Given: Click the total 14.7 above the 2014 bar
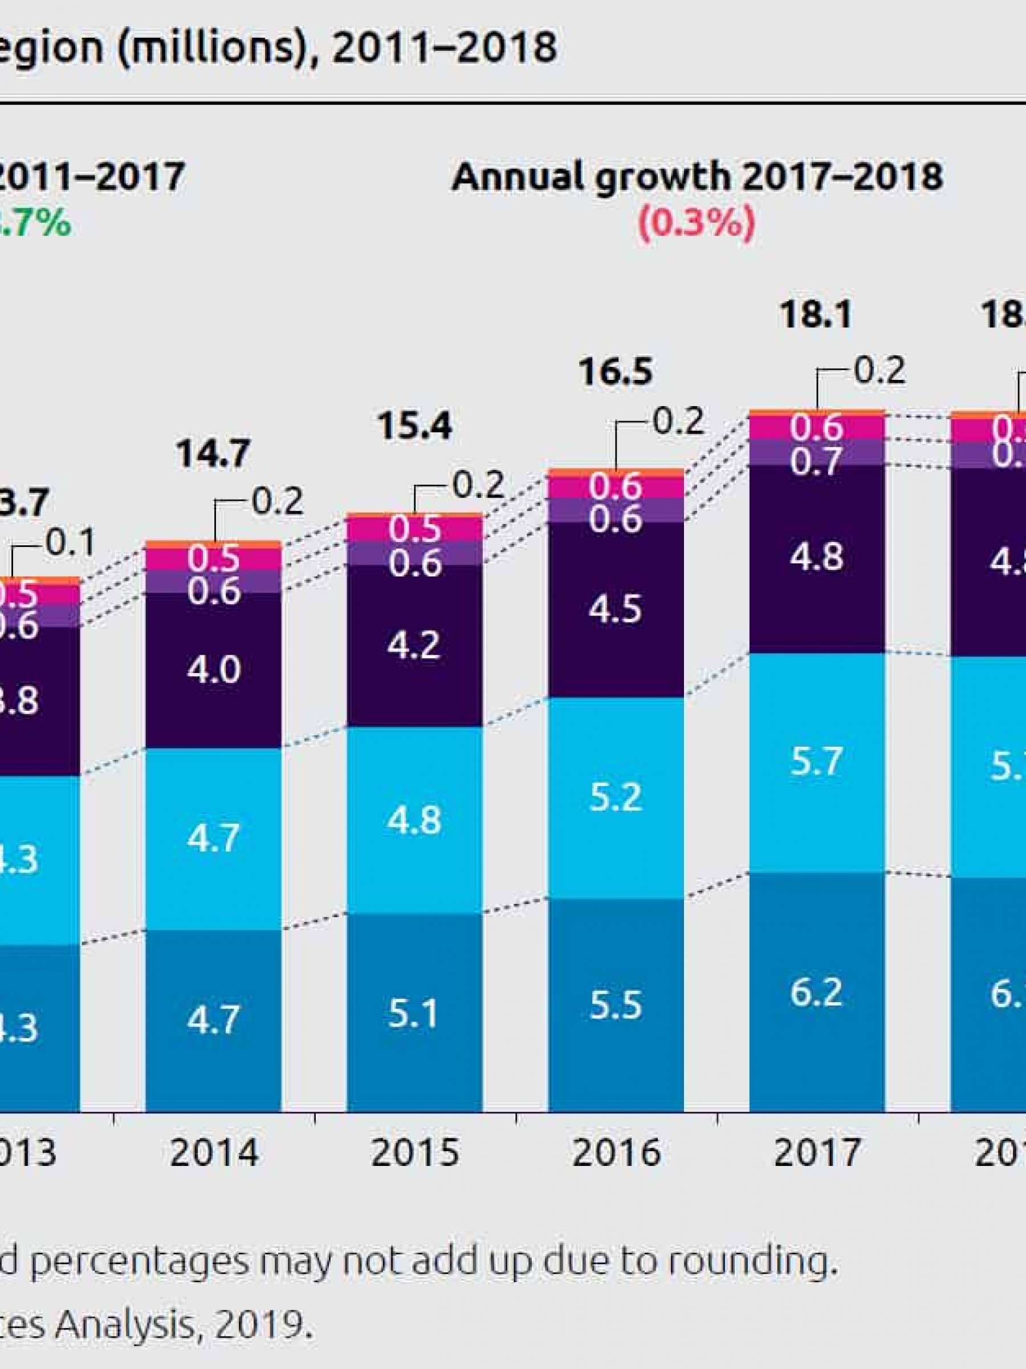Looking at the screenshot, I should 214,453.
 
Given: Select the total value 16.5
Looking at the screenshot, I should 616,372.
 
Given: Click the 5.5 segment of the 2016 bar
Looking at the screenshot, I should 616,1005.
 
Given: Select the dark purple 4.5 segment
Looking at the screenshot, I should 616,610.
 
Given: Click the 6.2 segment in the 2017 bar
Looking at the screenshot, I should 816,992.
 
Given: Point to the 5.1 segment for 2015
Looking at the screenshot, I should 414,1014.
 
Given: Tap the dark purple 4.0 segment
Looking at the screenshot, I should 214,670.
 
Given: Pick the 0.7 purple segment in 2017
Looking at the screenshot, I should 816,462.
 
